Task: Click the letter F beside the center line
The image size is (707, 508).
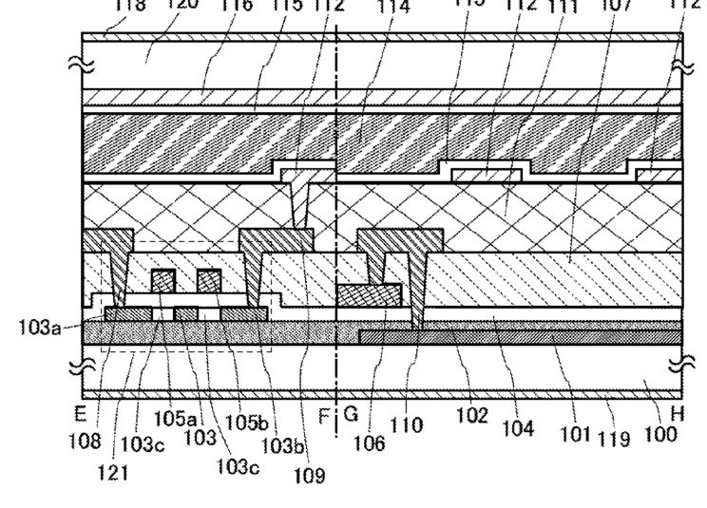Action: point(323,415)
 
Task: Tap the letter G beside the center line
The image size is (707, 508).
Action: point(350,415)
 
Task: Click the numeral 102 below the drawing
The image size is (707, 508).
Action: point(472,414)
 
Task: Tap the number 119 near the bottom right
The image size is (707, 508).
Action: point(614,437)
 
